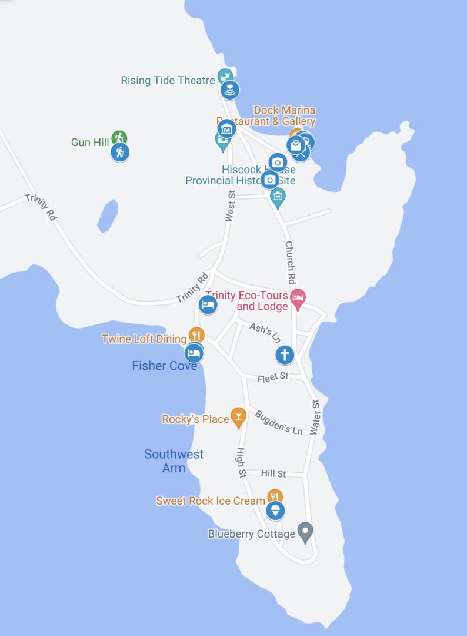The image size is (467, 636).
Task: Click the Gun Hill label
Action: [89, 142]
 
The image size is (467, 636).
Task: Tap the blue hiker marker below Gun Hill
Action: [120, 153]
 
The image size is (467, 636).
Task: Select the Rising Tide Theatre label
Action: [168, 80]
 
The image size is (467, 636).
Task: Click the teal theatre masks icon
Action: [224, 76]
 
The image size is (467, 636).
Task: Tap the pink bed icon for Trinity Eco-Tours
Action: [299, 299]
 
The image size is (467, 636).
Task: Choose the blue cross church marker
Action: [285, 355]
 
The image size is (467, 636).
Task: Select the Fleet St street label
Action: [272, 376]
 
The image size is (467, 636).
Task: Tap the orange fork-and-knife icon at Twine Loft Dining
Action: [196, 336]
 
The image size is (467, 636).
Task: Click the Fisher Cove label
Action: [164, 366]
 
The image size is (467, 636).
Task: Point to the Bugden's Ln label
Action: [278, 422]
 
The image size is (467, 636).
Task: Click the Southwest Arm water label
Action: [174, 461]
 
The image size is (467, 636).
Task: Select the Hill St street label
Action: [273, 473]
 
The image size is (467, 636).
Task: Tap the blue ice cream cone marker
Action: [275, 511]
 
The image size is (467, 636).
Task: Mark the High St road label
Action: [241, 462]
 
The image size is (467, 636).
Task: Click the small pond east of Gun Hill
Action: [108, 216]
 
